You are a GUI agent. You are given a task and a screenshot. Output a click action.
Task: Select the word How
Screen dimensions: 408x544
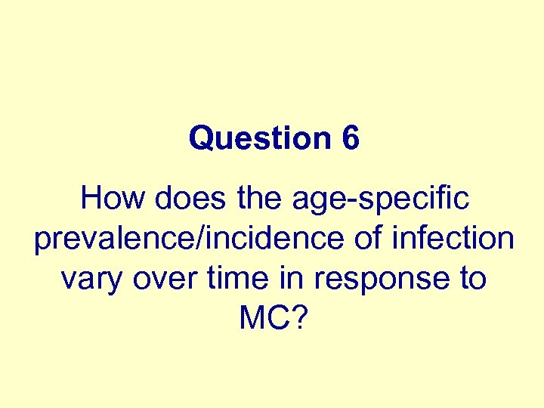110,199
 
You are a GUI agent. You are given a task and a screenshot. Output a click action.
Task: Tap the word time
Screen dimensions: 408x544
228,279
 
